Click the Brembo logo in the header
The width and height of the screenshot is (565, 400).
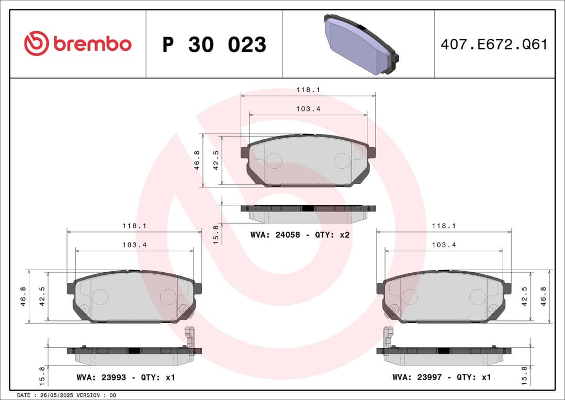(77, 44)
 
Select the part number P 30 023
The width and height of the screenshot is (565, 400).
(214, 45)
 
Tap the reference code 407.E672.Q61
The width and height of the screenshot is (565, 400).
(494, 45)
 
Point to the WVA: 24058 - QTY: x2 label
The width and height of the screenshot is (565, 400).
(300, 235)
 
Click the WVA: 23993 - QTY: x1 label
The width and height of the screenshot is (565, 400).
(126, 377)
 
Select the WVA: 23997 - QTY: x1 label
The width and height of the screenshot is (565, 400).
(442, 377)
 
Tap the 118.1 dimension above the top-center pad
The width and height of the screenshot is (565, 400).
(308, 90)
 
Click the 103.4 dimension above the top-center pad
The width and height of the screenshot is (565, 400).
(308, 108)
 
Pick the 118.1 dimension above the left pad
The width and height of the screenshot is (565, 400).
(134, 226)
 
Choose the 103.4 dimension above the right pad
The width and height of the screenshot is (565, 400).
(444, 245)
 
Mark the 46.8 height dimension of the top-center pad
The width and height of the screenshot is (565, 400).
(197, 159)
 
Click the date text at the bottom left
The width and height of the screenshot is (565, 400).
(67, 395)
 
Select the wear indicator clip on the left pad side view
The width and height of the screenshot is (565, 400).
(189, 337)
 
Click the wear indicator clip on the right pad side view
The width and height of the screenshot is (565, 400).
(388, 337)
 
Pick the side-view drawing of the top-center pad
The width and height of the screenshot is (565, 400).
(308, 213)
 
